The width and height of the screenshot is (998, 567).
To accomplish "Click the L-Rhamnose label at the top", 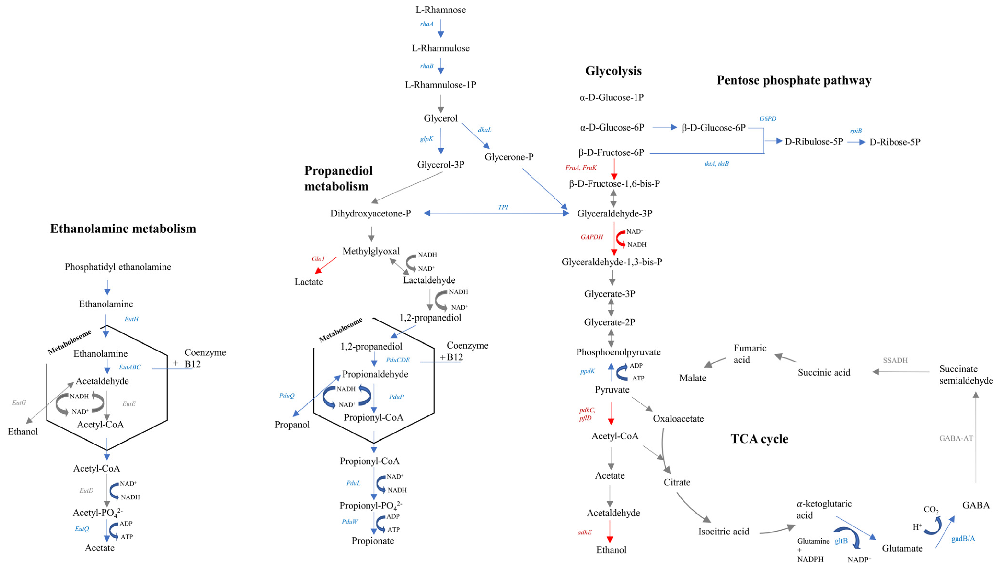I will click(440, 10).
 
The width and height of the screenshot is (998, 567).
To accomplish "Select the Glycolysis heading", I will click(613, 71).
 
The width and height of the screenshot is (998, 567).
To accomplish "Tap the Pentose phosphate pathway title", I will click(794, 80).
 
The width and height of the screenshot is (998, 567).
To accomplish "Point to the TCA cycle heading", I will click(759, 439).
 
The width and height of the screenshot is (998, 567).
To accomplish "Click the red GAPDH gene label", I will click(591, 237).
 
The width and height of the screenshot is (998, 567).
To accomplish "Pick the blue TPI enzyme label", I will click(503, 207).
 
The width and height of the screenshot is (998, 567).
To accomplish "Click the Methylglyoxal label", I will click(371, 251).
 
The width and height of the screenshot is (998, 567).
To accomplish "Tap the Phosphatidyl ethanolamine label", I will click(118, 267).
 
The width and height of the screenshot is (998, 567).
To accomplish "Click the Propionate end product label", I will click(373, 541).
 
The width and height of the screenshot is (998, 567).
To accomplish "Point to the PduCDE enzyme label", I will click(397, 360).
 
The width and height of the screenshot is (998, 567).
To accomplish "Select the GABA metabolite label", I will click(975, 505).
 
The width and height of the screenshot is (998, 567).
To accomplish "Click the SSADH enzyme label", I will click(895, 360).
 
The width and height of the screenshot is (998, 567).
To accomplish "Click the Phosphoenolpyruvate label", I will click(618, 352).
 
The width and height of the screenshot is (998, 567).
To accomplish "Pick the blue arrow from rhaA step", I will click(440, 29).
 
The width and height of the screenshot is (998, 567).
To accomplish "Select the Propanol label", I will click(292, 425).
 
